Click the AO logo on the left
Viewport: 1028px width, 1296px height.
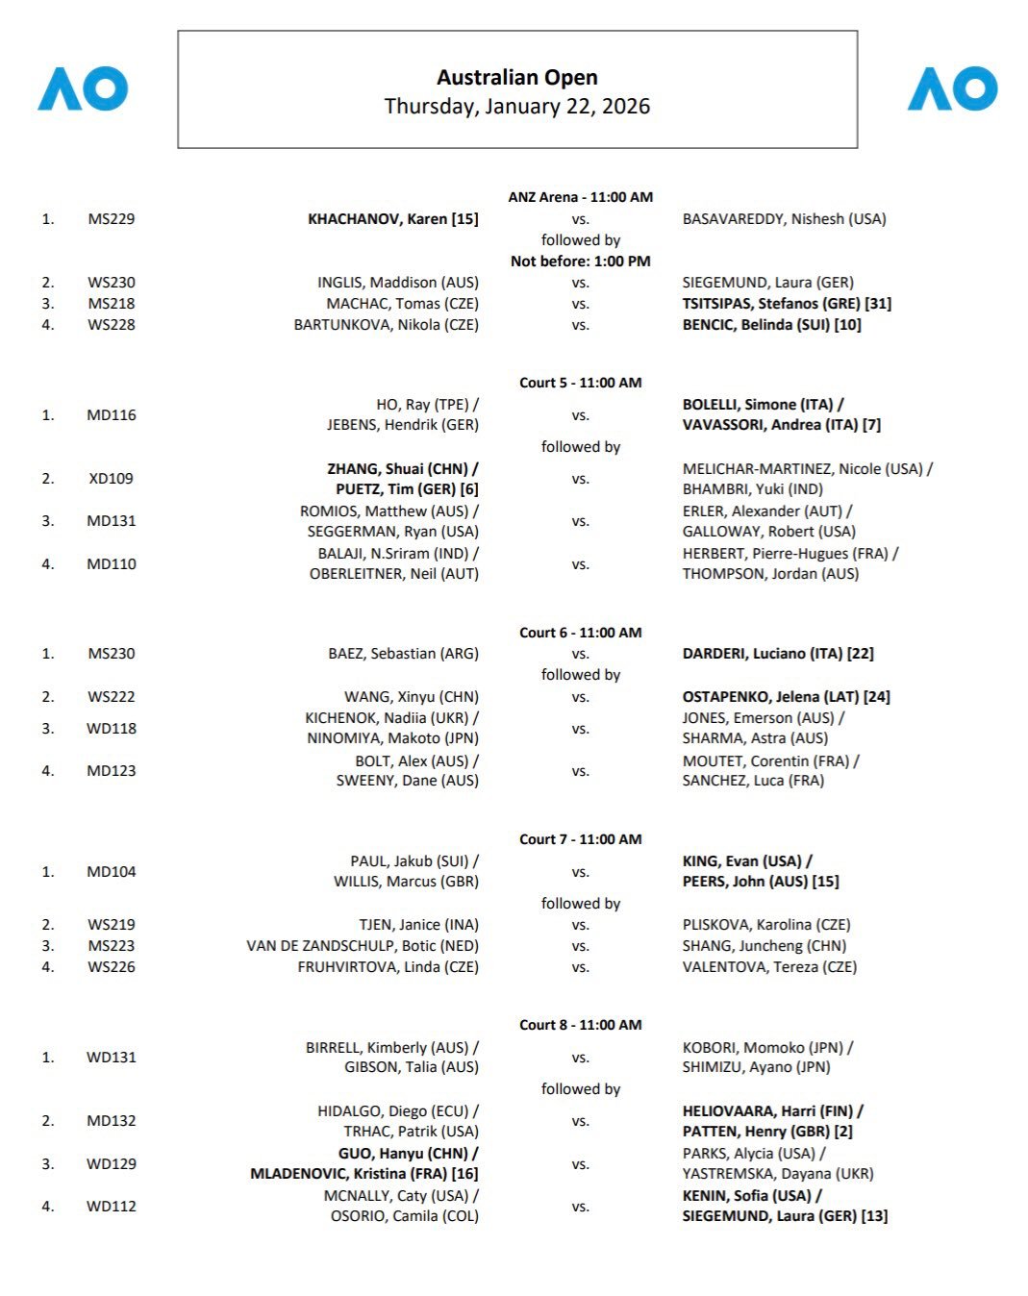point(83,88)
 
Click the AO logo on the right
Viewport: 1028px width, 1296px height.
point(952,88)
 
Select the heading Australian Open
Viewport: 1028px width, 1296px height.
point(517,78)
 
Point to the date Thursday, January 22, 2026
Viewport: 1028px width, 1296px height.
point(517,107)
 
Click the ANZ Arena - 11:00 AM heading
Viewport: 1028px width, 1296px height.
point(580,197)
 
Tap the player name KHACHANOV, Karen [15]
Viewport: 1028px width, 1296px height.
point(392,219)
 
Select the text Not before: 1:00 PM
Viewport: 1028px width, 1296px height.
point(580,262)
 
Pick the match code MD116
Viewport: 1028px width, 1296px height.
point(112,415)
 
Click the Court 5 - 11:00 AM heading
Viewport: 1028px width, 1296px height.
point(580,383)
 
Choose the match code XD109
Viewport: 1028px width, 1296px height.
point(112,479)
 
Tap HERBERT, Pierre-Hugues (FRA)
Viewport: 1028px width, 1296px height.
point(790,554)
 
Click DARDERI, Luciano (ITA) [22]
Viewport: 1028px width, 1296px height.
point(778,654)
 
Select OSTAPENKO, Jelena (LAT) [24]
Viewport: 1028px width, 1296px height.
point(786,697)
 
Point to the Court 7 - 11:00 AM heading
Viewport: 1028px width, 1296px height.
point(580,839)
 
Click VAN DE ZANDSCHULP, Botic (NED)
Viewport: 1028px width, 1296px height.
point(363,946)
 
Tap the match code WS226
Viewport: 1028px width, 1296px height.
point(112,967)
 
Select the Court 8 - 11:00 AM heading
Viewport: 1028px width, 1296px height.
point(580,1025)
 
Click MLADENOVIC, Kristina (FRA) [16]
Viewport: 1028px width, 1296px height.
point(364,1174)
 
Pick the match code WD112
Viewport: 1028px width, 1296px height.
point(112,1207)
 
